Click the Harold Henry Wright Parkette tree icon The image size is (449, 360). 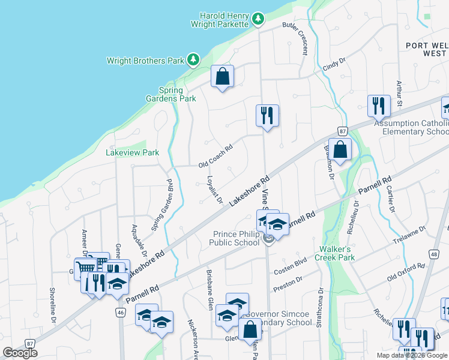pos(258,19)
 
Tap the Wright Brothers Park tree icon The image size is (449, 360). pos(193,59)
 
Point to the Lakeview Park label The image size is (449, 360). pos(132,152)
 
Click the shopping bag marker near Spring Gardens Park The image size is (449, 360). pos(222,77)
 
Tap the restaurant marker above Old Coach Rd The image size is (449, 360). pos(267,116)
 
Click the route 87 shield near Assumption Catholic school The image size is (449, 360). pos(342,131)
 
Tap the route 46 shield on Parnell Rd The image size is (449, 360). pos(121,312)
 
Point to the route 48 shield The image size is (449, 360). pos(433,254)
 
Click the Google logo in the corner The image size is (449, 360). pos(20,353)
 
